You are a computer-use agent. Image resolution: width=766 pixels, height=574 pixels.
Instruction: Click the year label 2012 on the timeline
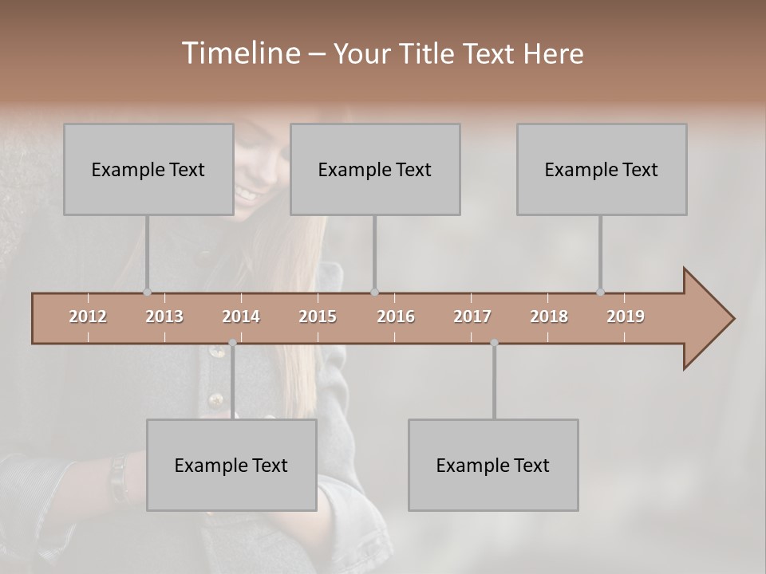[88, 316]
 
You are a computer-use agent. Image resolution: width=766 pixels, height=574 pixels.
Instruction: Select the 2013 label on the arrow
[164, 316]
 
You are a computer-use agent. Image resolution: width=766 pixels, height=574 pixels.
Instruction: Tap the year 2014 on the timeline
[241, 316]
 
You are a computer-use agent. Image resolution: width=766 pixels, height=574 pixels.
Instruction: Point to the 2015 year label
[318, 316]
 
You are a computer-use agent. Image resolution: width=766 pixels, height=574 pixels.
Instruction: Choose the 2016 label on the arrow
[396, 316]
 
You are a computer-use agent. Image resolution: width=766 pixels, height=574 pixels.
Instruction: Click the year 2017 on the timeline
[472, 316]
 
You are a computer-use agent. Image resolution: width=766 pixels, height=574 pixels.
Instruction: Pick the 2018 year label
[549, 316]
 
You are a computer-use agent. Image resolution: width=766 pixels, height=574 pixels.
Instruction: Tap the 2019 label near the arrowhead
[626, 316]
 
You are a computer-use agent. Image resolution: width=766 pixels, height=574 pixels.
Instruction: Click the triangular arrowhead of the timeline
[706, 319]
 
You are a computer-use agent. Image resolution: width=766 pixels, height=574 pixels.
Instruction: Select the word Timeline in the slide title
[239, 53]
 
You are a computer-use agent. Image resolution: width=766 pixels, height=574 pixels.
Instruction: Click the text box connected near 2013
[148, 169]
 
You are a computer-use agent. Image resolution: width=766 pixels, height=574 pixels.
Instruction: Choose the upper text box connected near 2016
[375, 169]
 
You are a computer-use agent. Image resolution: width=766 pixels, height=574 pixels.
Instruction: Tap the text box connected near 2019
[602, 169]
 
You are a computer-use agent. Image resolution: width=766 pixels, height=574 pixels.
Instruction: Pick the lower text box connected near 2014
[231, 465]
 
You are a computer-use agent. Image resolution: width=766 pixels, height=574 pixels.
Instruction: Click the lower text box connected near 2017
[493, 465]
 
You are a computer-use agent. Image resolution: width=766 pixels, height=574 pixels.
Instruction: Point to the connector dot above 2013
[147, 292]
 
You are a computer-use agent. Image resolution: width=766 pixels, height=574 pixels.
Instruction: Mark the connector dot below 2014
[232, 343]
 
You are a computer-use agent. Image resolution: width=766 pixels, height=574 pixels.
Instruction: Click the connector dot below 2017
[494, 343]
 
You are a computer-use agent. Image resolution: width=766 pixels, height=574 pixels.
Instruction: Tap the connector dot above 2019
[600, 292]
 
